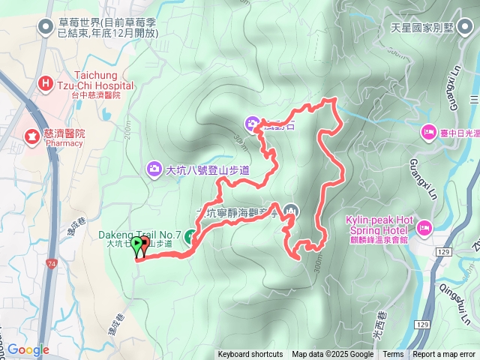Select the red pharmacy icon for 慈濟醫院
[32, 136]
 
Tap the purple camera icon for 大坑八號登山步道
[154, 169]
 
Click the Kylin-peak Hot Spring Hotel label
[375, 224]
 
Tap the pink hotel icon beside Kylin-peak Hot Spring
[424, 226]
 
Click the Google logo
[28, 349]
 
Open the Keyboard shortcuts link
[250, 355]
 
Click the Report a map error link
[444, 355]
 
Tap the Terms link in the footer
[393, 355]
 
